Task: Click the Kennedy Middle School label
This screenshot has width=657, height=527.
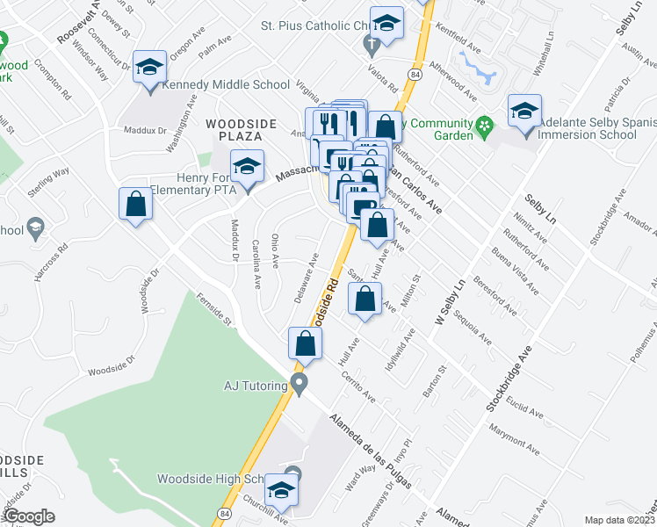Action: [226, 85]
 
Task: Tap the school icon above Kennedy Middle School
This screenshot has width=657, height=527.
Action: [149, 67]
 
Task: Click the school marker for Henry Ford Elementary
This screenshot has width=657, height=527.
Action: [248, 168]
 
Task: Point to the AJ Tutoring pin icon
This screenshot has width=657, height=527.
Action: [300, 384]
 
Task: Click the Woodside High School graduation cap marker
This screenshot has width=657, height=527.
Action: [281, 489]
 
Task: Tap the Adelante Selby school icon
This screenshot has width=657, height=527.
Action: [524, 112]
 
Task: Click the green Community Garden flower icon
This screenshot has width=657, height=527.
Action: [483, 129]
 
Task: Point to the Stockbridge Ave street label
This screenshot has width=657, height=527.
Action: [510, 379]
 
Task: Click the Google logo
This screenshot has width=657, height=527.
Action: [29, 516]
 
